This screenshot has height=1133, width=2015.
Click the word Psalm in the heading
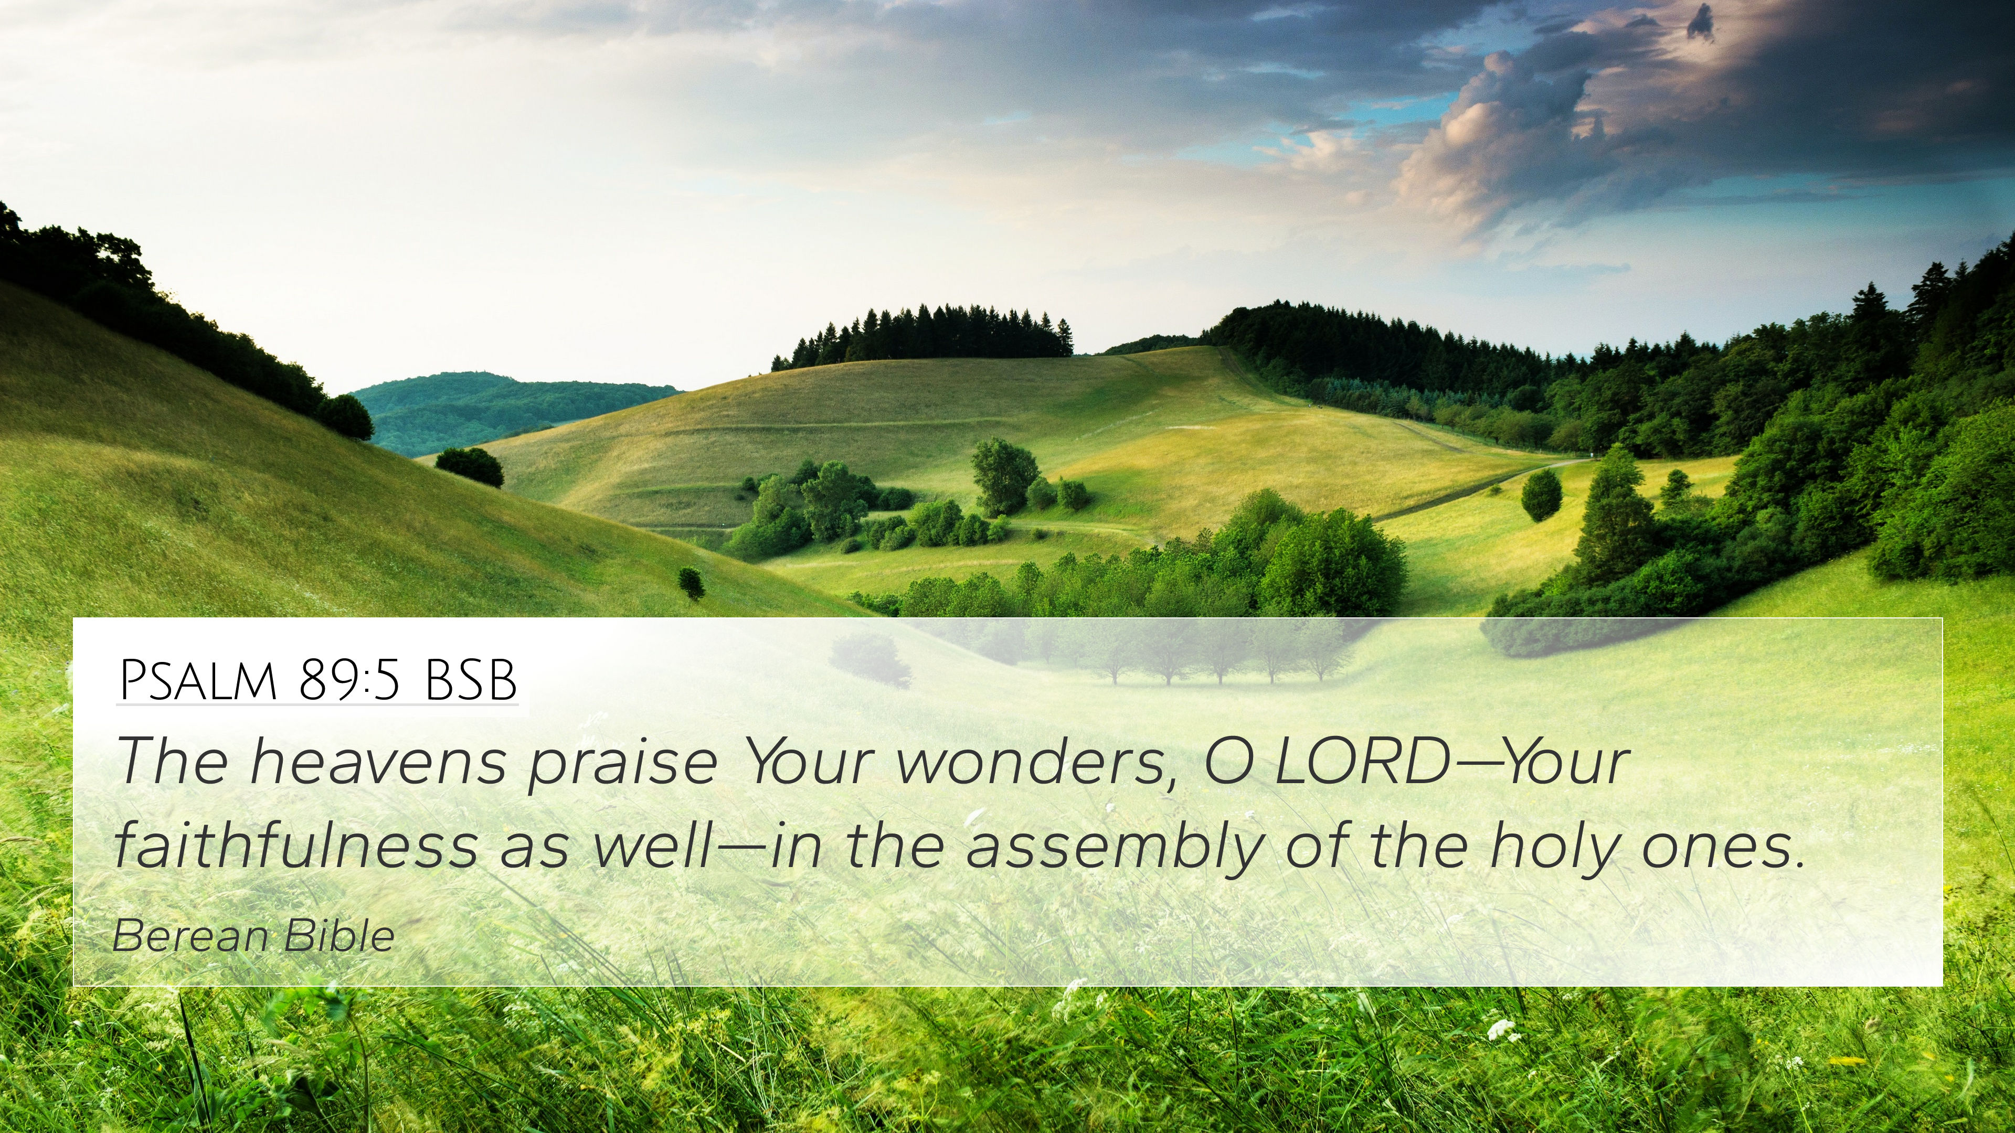tap(199, 680)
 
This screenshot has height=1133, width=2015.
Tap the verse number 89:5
tap(349, 680)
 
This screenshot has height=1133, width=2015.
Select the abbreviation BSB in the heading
tap(470, 680)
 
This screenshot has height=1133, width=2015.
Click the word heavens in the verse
tap(378, 762)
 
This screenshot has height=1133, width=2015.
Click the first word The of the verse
tap(172, 762)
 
